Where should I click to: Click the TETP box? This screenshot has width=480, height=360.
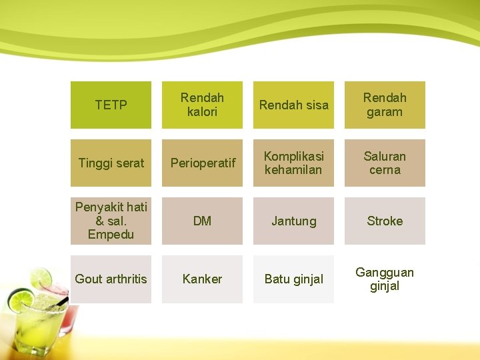(111, 105)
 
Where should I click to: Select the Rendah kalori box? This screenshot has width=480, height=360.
(202, 105)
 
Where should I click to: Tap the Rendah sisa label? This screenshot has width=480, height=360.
(293, 105)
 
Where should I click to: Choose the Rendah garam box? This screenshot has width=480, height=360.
(385, 105)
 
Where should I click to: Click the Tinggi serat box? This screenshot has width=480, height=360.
(111, 163)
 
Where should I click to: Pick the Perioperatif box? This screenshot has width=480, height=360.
(202, 163)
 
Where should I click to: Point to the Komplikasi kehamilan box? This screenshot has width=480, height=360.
(293, 163)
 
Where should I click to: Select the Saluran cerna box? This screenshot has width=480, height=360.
(385, 163)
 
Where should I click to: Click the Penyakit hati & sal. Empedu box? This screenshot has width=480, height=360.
(111, 221)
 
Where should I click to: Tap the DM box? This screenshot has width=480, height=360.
(202, 221)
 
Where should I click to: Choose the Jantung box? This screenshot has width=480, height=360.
(293, 221)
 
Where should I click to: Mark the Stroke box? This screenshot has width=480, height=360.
(385, 221)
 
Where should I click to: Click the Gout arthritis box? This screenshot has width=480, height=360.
(111, 279)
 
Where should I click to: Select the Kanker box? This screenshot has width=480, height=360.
(202, 279)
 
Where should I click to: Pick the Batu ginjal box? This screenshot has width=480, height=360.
(293, 279)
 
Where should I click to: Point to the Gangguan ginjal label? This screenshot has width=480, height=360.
(385, 279)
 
